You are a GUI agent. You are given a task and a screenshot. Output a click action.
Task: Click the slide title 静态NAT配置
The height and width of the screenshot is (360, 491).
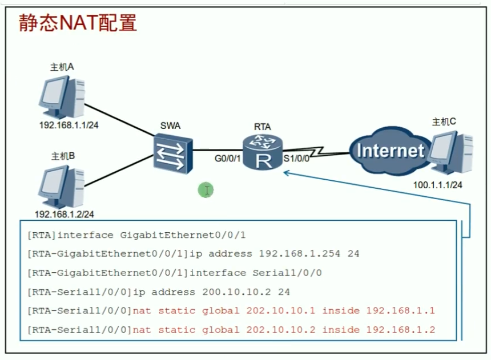click(x=78, y=23)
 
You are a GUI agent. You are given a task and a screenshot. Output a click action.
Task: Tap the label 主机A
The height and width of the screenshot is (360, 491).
click(x=62, y=67)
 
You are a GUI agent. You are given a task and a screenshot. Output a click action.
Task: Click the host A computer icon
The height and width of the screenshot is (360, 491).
click(x=62, y=97)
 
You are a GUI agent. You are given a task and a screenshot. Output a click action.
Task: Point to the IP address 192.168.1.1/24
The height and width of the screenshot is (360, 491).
click(x=69, y=125)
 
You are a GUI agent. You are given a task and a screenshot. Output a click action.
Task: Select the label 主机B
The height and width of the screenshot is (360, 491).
click(x=63, y=156)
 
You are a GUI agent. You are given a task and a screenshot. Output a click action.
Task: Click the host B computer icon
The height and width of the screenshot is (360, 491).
click(x=62, y=187)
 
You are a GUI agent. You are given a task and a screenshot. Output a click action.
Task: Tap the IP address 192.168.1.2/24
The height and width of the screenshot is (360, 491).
click(x=64, y=214)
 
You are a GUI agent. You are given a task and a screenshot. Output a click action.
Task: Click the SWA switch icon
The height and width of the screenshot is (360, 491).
click(x=173, y=153)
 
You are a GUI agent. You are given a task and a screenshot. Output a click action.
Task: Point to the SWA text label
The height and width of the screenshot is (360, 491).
click(x=170, y=126)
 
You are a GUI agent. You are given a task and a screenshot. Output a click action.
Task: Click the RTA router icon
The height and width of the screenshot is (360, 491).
click(x=263, y=152)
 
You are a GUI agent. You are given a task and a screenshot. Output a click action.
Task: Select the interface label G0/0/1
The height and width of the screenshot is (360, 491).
click(x=227, y=159)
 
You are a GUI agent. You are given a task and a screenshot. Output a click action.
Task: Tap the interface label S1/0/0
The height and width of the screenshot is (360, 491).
click(x=296, y=159)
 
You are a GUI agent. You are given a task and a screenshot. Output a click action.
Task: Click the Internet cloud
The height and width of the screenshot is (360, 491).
click(x=390, y=151)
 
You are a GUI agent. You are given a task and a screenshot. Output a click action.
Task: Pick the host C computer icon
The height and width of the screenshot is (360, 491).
click(x=452, y=152)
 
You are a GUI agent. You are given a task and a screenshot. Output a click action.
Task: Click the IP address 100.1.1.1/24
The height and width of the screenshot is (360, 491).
click(x=437, y=185)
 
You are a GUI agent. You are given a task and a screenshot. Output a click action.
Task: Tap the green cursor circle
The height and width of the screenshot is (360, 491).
click(x=206, y=190)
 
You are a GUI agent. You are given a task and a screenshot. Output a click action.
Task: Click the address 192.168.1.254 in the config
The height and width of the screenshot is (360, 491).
click(x=299, y=253)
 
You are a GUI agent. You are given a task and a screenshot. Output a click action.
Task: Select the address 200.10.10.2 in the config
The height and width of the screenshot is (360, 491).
click(x=236, y=292)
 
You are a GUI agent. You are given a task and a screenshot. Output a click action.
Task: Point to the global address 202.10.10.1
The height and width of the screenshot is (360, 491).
click(x=280, y=311)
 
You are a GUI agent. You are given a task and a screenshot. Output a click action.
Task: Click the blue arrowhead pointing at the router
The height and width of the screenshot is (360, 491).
click(x=286, y=172)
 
